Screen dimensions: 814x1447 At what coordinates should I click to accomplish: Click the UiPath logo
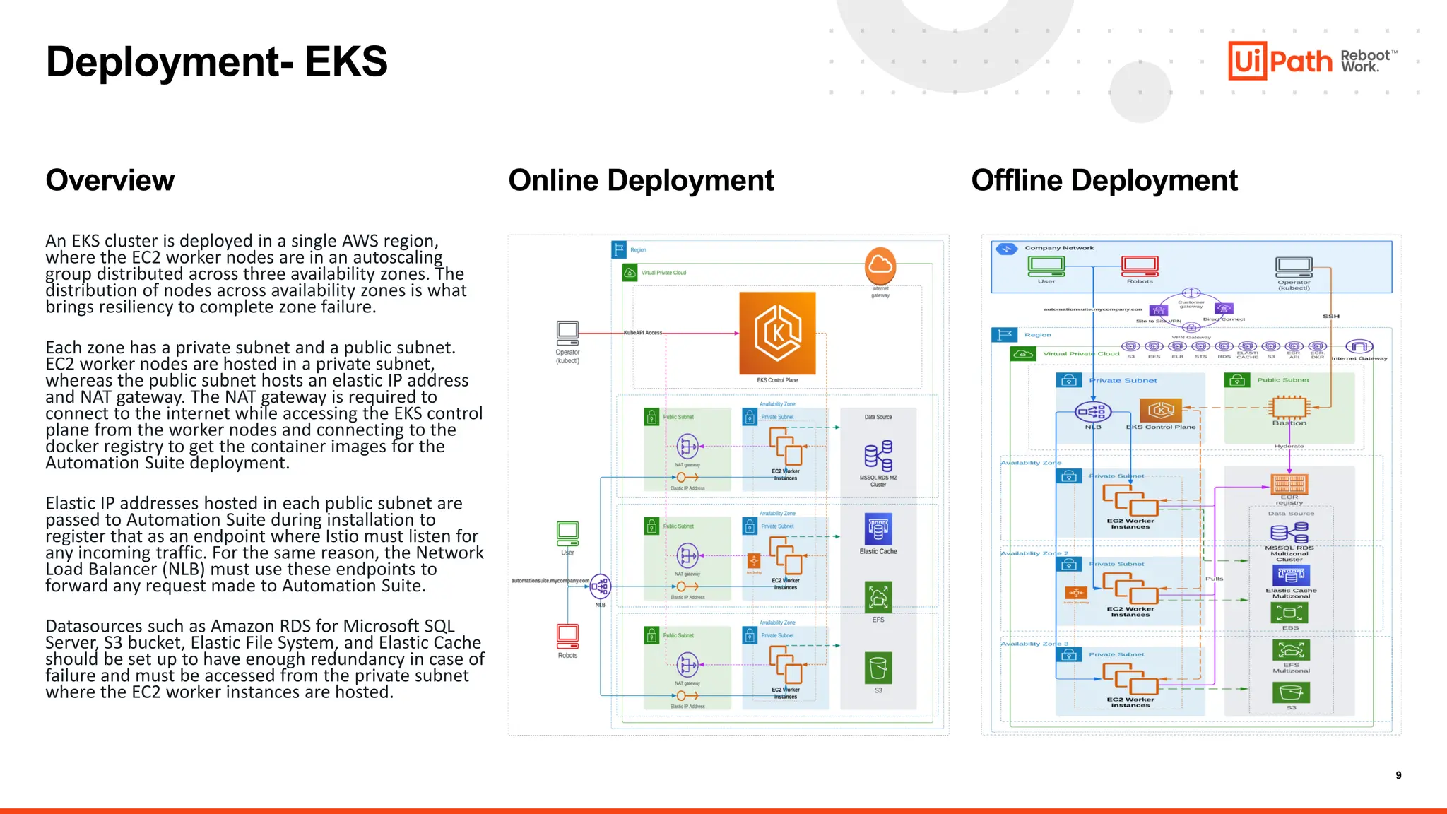(x=1280, y=61)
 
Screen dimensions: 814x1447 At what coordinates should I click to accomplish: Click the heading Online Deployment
(x=641, y=180)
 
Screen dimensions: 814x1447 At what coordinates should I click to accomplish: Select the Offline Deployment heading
(x=1104, y=180)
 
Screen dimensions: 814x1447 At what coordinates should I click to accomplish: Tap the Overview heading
(x=110, y=180)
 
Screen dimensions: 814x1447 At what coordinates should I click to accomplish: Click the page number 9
(x=1398, y=775)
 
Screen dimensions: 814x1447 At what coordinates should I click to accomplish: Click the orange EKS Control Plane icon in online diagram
(x=777, y=333)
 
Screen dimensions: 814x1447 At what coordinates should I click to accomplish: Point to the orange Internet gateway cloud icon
(x=880, y=266)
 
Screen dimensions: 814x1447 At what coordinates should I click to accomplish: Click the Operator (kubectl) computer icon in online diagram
(x=567, y=332)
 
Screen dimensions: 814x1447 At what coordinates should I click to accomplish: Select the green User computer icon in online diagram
(x=567, y=533)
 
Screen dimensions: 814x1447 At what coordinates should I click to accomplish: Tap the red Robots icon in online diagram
(x=567, y=636)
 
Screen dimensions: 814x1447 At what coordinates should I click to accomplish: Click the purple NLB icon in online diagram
(x=600, y=586)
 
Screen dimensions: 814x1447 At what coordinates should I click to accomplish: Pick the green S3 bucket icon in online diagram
(x=878, y=668)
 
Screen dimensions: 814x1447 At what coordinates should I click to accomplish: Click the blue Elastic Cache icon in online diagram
(x=878, y=529)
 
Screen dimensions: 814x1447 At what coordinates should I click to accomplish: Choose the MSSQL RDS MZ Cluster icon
(x=878, y=456)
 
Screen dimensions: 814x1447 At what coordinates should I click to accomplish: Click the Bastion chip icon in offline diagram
(x=1289, y=407)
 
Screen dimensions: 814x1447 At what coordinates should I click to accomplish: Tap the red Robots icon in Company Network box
(x=1140, y=266)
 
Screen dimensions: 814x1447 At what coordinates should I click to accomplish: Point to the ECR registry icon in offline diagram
(x=1289, y=484)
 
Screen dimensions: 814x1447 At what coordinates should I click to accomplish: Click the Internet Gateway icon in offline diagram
(x=1359, y=346)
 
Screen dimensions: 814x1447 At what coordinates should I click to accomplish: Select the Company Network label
(x=1059, y=248)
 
